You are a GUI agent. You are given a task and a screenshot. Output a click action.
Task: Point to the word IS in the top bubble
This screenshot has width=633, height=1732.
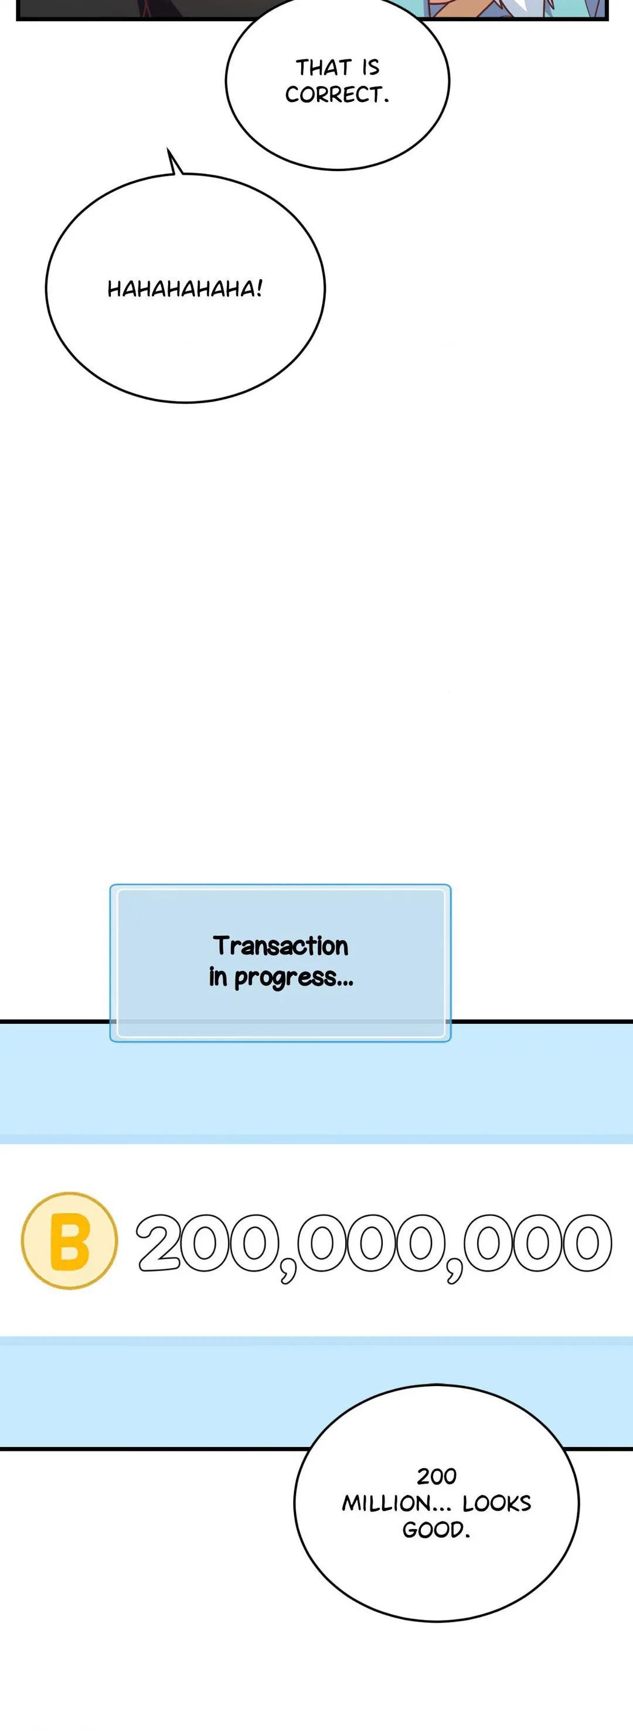pos(371,67)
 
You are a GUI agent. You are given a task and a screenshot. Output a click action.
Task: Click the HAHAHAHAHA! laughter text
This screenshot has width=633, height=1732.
pos(185,289)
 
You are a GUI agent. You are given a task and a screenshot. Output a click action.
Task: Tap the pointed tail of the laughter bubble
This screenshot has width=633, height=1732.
pos(168,150)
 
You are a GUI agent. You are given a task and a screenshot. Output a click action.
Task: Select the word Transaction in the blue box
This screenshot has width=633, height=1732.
pos(281,945)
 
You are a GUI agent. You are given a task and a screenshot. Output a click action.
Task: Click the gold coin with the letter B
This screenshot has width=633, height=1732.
pos(69,1241)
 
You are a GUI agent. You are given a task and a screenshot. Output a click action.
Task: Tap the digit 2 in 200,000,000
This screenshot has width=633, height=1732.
pos(161,1242)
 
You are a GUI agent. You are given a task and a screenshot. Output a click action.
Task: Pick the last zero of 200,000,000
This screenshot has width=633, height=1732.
pos(587,1242)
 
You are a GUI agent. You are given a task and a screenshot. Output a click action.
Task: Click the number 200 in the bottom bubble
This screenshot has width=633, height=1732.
pos(437,1476)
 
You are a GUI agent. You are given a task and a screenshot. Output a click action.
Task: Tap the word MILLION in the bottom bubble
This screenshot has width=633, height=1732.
pos(386,1503)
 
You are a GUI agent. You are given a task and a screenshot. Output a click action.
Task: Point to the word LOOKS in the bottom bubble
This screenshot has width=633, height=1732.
pos(496,1503)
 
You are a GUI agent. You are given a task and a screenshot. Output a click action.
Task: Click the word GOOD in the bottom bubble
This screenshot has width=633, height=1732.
pos(432,1530)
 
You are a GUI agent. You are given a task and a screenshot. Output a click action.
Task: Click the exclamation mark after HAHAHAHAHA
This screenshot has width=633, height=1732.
pos(258,289)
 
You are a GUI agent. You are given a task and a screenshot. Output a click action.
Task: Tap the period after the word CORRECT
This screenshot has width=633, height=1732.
pos(386,101)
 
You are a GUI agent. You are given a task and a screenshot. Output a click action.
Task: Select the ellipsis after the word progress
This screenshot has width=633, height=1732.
pos(345,984)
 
